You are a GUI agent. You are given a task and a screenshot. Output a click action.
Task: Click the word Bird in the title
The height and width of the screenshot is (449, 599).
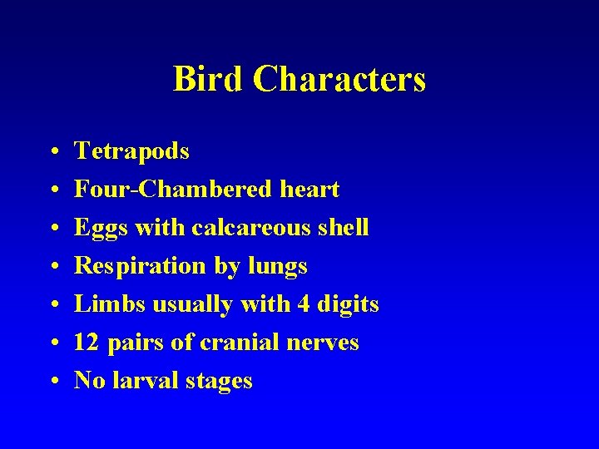(208, 80)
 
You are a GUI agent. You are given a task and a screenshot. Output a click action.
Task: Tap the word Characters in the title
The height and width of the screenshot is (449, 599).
(339, 80)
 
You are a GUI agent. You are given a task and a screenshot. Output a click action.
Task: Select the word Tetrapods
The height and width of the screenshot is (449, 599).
(131, 151)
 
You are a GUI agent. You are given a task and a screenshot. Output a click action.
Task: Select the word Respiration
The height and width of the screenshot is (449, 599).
(141, 266)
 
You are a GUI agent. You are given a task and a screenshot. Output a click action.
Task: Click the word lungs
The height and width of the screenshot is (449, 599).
(278, 267)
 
